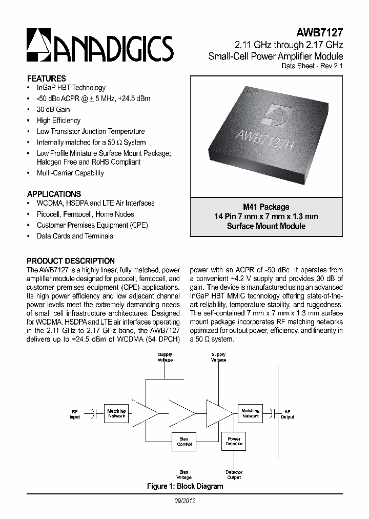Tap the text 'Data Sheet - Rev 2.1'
point(312,66)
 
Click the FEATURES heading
point(46,78)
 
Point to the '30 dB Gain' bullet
point(53,109)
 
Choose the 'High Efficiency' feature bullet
point(58,121)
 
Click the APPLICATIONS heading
point(54,194)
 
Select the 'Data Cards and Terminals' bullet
point(75,236)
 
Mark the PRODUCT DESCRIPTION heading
point(71,261)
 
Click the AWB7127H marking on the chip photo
point(264,138)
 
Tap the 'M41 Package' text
point(266,207)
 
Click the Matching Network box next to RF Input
point(116,413)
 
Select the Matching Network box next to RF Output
point(251,413)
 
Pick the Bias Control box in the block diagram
point(184,441)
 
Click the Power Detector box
point(234,441)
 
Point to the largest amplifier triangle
point(219,412)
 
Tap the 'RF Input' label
point(75,414)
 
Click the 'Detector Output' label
point(234,474)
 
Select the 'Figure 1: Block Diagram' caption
point(184,486)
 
